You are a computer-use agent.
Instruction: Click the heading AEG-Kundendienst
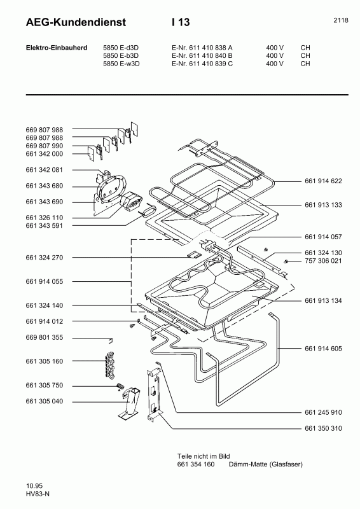(x=76, y=22)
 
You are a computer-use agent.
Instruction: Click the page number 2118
(x=340, y=20)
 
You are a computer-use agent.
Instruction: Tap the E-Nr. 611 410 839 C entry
(x=202, y=64)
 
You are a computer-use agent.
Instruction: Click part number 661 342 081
(x=45, y=171)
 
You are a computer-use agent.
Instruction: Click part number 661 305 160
(x=45, y=361)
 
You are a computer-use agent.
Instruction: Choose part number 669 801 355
(x=45, y=338)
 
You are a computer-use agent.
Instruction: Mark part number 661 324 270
(x=45, y=258)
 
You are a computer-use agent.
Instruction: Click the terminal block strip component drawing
(x=111, y=362)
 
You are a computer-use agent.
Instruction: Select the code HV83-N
(x=38, y=494)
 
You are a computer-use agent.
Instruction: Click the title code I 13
(x=181, y=22)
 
